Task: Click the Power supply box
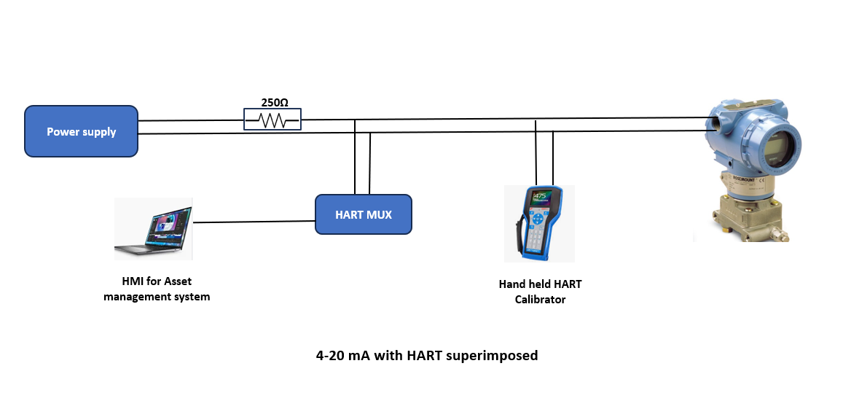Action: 81,131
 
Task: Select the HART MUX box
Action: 363,214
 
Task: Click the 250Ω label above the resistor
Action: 274,103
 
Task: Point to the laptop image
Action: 153,229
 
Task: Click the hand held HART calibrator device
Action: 538,223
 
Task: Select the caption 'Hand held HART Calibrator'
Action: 540,292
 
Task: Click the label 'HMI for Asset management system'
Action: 157,289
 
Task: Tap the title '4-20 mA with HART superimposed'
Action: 426,356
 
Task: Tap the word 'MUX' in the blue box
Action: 378,215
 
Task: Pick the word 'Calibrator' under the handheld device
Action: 540,299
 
